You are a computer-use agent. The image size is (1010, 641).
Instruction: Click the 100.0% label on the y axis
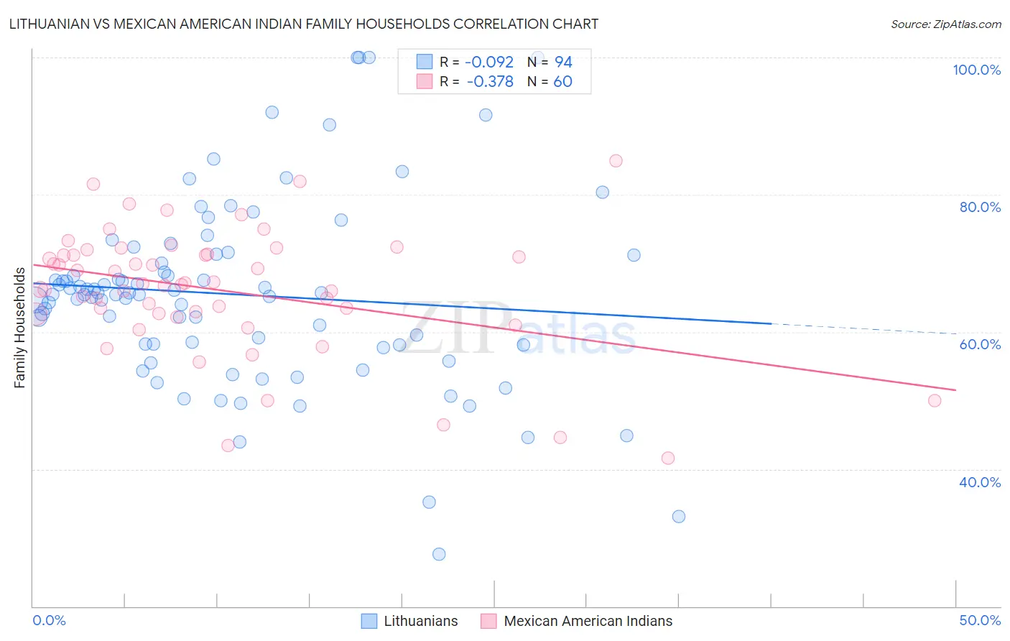(976, 70)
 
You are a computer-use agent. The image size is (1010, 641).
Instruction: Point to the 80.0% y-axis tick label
(980, 207)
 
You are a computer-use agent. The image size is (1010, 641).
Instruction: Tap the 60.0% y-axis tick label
(980, 344)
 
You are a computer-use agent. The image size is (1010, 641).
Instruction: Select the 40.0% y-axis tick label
(980, 482)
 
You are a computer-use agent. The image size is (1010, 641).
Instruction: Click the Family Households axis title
(19, 328)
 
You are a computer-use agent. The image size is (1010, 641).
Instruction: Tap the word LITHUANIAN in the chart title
(49, 24)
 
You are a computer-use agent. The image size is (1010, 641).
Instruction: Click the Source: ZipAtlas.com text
(945, 24)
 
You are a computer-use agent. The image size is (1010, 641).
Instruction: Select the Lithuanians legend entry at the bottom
(420, 622)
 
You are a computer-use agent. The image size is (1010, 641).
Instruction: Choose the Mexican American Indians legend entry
(588, 622)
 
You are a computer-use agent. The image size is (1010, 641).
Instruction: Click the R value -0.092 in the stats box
(490, 63)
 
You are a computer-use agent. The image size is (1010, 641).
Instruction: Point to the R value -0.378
(490, 82)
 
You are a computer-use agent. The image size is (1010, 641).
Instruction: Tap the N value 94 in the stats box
(563, 63)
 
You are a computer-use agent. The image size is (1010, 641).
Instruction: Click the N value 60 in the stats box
(562, 82)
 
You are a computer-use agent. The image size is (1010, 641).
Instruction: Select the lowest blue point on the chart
(439, 554)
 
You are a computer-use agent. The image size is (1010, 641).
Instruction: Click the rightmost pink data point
(935, 401)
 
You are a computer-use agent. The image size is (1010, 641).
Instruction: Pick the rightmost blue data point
(679, 517)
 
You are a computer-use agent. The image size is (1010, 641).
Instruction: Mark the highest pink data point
(616, 161)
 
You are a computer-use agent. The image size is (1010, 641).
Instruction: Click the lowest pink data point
(668, 458)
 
